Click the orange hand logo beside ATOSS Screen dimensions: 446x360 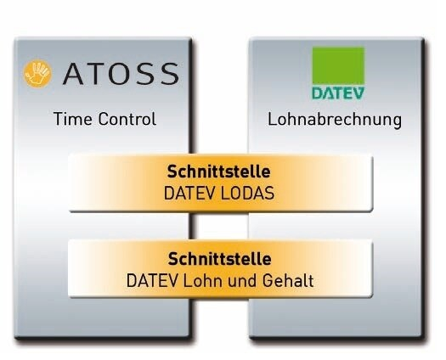pos(37,73)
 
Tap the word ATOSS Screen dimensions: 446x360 pos(121,74)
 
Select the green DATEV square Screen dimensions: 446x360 pos(338,65)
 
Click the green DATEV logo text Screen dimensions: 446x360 pos(338,93)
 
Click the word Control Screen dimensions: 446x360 pos(127,119)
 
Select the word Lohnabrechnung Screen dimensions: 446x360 pos(335,120)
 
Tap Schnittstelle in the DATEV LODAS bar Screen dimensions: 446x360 pos(218,172)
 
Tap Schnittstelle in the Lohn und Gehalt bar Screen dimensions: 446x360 pos(219,259)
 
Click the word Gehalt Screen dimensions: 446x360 pos(288,281)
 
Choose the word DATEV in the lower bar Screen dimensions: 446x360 pos(152,281)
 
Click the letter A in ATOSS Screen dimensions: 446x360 pos(73,74)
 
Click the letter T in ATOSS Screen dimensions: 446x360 pos(95,74)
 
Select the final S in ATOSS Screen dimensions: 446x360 pos(170,74)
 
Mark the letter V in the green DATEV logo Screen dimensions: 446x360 pos(358,93)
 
